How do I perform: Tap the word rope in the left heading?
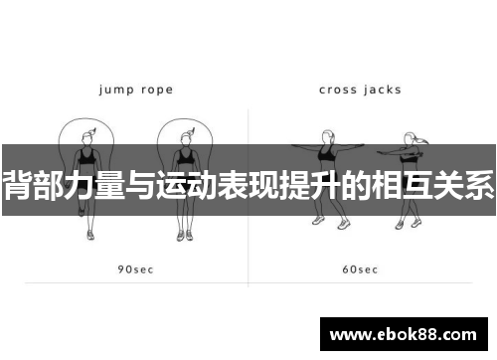coord(154,90)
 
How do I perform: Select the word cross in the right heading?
coord(338,90)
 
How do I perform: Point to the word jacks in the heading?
coord(383,90)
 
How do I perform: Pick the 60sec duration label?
coord(360,270)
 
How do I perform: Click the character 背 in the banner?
coord(18,185)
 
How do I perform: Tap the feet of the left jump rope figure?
coord(89,235)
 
